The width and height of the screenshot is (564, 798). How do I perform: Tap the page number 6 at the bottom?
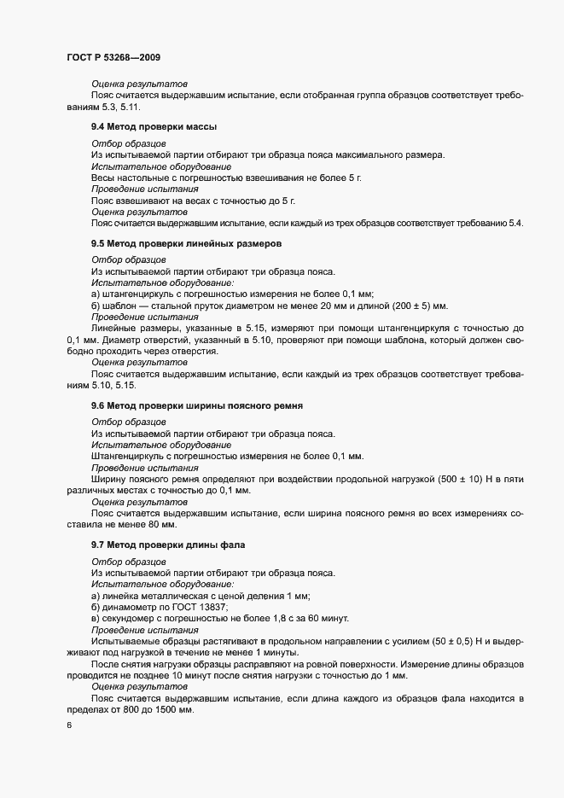(x=68, y=725)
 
